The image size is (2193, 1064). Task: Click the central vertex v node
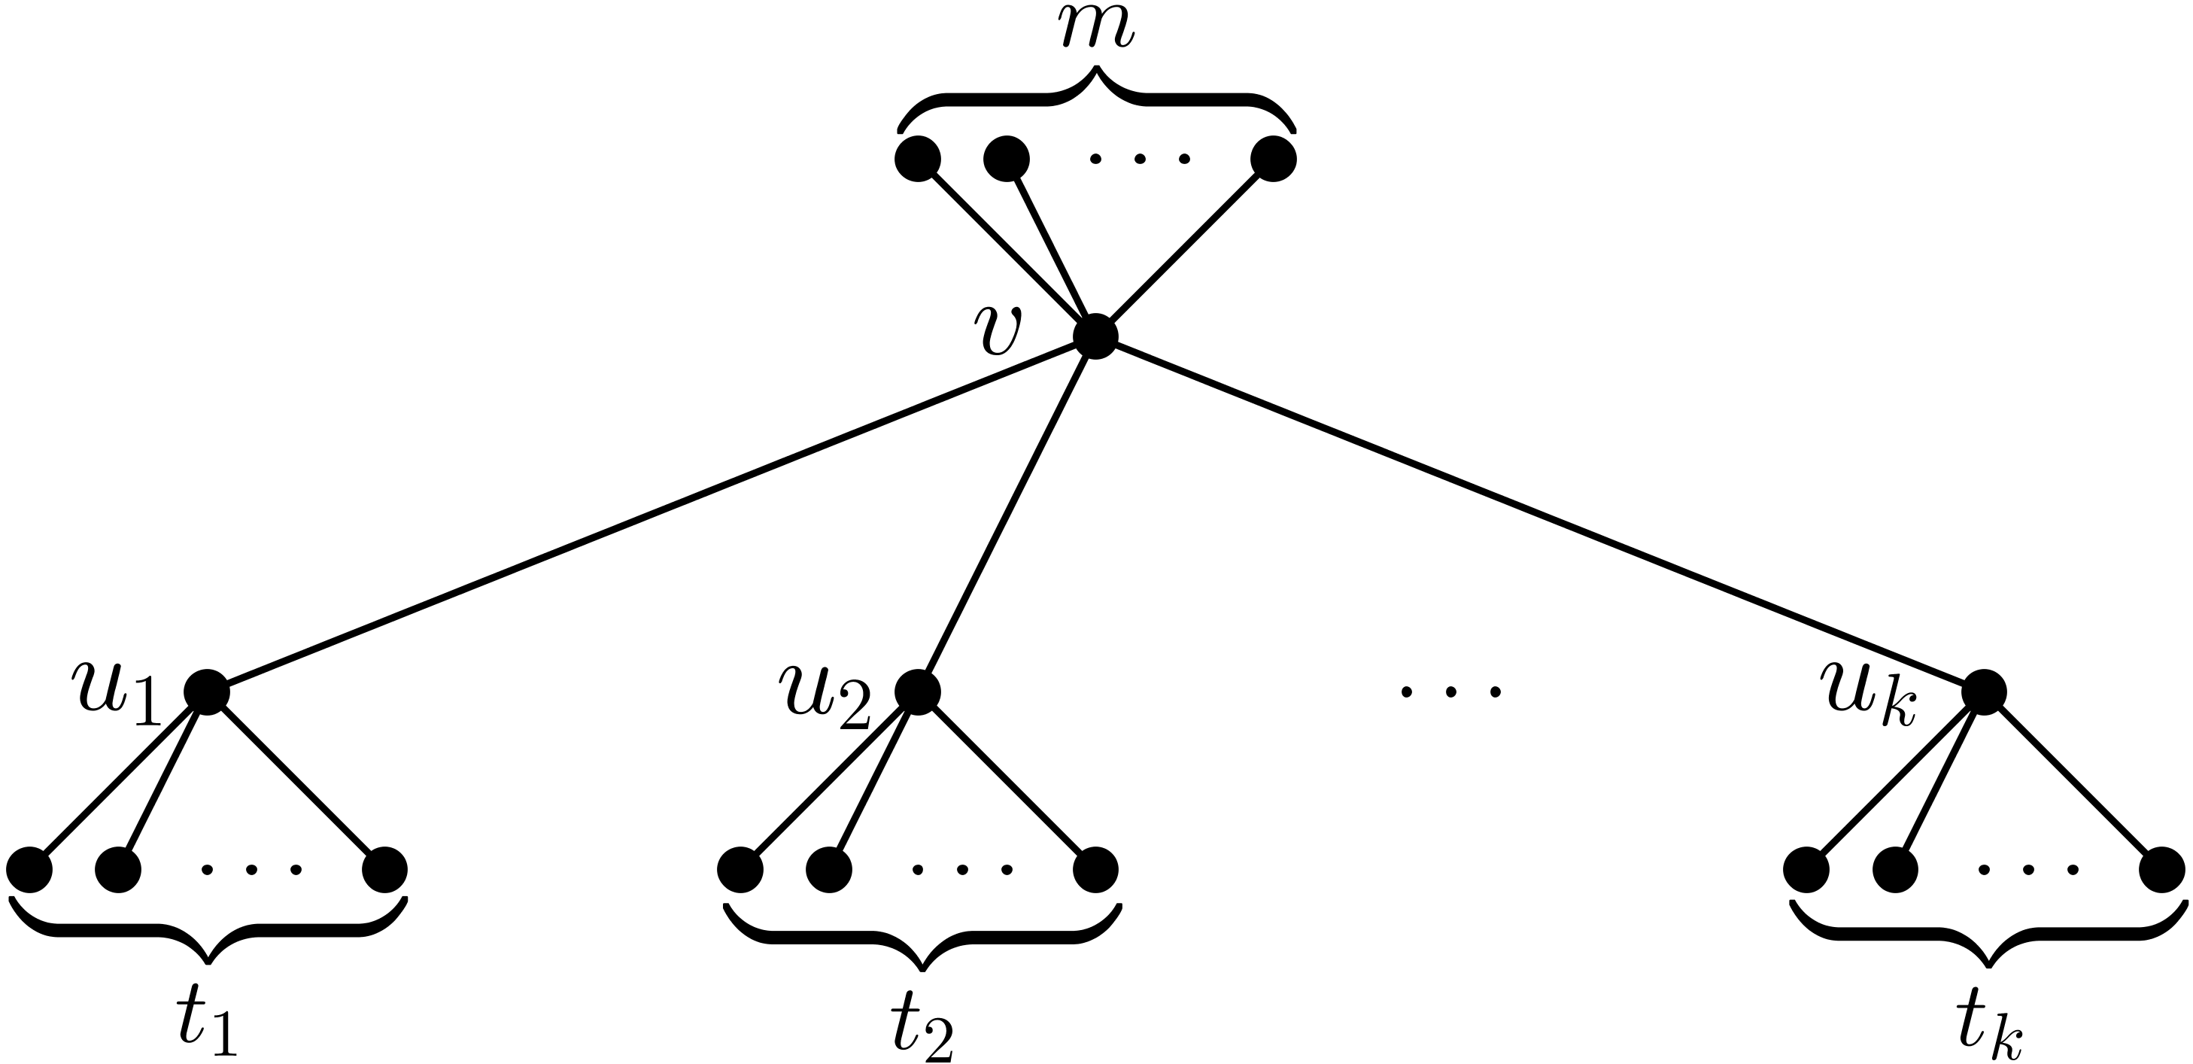(x=1095, y=337)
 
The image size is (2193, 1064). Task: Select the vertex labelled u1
(x=207, y=692)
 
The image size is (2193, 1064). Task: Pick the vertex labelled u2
(x=918, y=692)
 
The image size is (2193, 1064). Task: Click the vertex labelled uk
(x=1985, y=692)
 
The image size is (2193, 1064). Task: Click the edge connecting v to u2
(x=1007, y=514)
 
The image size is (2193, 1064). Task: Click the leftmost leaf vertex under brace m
(x=918, y=160)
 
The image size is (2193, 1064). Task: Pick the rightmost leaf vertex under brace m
(x=1274, y=160)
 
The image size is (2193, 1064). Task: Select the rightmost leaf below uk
(x=2162, y=870)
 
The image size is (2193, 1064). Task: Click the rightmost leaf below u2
(x=1095, y=870)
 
